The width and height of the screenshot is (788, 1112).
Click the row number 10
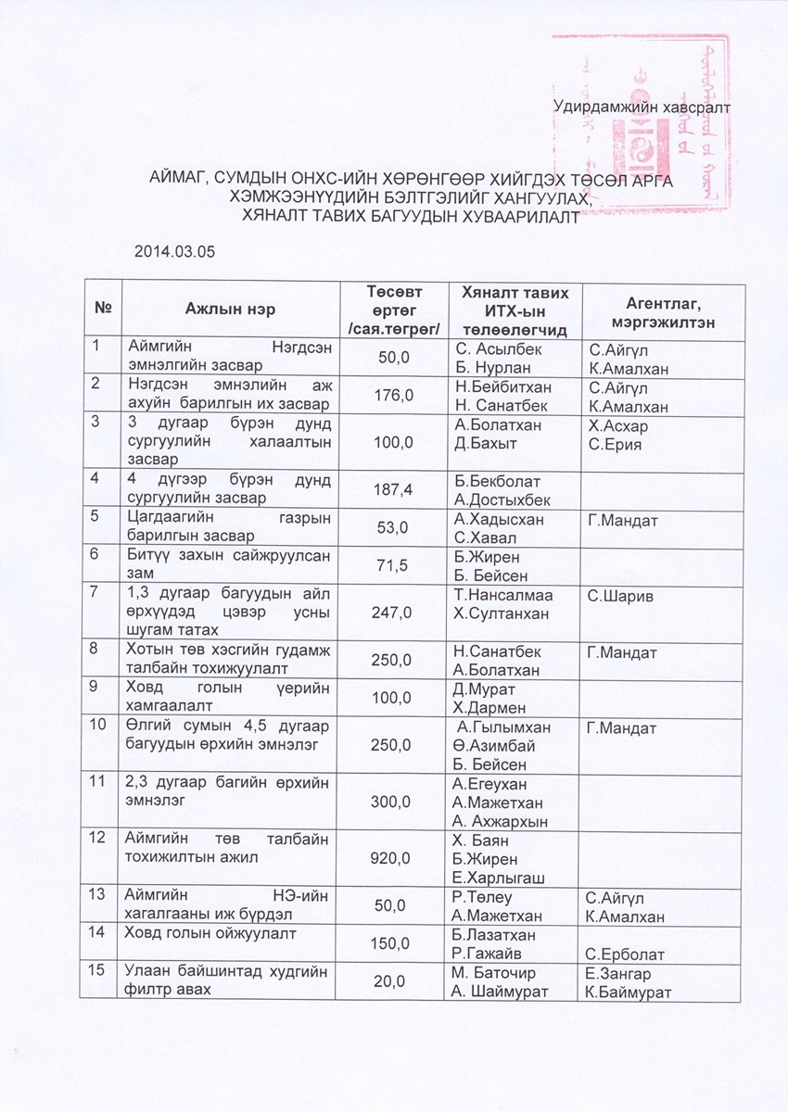click(97, 727)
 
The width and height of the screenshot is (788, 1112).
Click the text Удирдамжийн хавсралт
click(641, 107)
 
